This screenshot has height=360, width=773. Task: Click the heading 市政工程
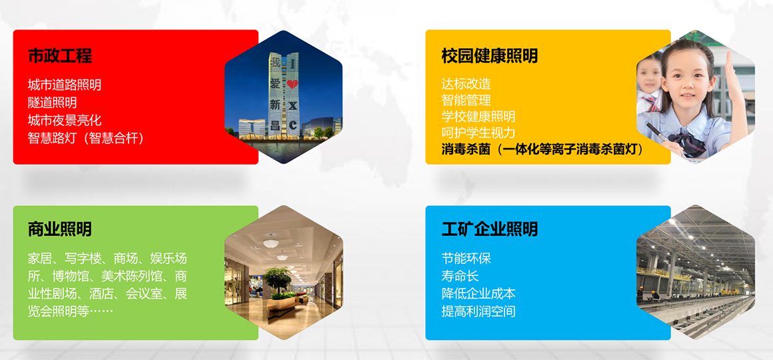coord(60,56)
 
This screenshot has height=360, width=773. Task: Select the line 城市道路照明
coord(65,85)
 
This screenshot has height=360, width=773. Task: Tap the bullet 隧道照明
coord(52,103)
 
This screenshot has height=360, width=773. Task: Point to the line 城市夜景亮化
coord(65,121)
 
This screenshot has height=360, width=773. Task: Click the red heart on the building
coord(293,84)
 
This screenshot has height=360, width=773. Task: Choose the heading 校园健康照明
coord(490,56)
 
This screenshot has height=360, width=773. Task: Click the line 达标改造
coord(466,84)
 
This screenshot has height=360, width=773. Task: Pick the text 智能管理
coord(466,101)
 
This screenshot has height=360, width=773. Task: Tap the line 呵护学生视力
coord(478,133)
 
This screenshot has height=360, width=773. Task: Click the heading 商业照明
coord(60,229)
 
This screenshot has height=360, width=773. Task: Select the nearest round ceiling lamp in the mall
coord(270,243)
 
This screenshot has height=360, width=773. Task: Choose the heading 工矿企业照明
coord(490,229)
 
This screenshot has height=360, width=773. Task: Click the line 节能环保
coord(466,258)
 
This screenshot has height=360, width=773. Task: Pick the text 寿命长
coord(460,276)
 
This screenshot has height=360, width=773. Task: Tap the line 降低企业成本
coord(478,293)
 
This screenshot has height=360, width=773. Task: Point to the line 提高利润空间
coord(478,311)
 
